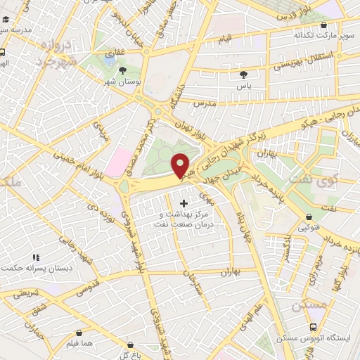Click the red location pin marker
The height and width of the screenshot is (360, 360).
click(181, 166)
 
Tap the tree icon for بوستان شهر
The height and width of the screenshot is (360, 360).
click(124, 70)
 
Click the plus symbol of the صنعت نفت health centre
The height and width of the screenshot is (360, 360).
click(184, 203)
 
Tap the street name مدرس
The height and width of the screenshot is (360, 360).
click(205, 103)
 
